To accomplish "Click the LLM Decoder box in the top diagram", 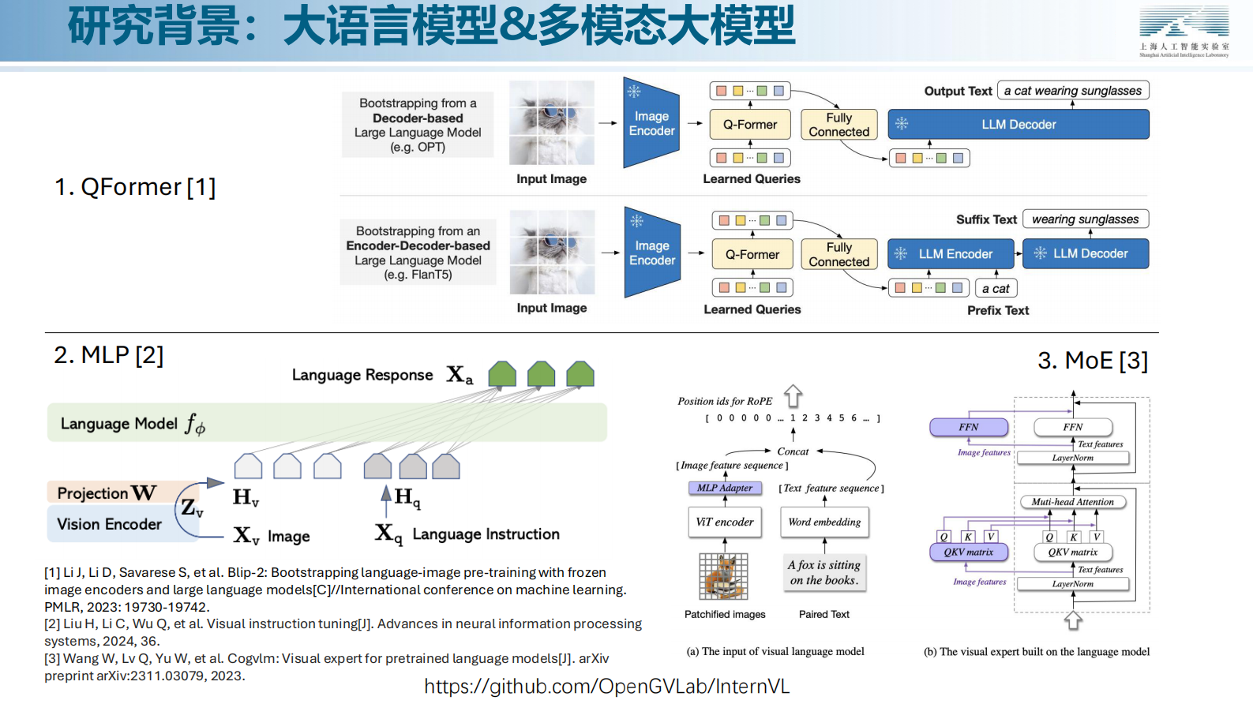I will click(x=1018, y=124).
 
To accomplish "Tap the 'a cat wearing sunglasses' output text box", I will click(x=1072, y=91).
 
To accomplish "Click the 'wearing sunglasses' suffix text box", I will click(x=1085, y=219).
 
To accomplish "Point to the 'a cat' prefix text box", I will click(x=996, y=289).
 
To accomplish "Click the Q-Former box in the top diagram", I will click(x=749, y=124).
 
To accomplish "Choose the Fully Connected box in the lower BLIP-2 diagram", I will click(x=838, y=254).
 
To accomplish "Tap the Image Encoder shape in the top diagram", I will click(x=651, y=123).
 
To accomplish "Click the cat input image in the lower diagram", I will click(x=552, y=252).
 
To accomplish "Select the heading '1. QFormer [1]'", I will click(x=135, y=187).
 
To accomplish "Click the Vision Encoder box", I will click(x=110, y=524).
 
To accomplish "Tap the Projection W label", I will click(x=107, y=493).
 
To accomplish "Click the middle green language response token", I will click(x=541, y=374).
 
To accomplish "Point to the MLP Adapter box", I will click(x=725, y=488).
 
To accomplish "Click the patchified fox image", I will click(x=723, y=576).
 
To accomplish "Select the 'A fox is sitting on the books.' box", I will click(x=823, y=573).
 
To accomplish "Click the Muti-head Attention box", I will click(x=1072, y=502).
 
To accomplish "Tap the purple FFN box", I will click(x=969, y=427).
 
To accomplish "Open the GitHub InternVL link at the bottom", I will click(x=606, y=687).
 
